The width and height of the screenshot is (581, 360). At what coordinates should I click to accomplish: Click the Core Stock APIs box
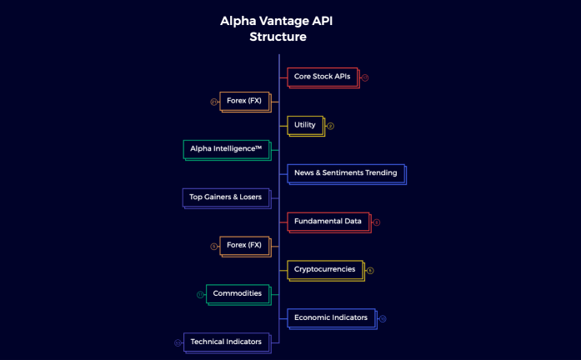322,77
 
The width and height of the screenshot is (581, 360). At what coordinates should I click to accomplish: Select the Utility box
305,125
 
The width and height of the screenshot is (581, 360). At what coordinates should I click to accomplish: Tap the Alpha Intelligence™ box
226,149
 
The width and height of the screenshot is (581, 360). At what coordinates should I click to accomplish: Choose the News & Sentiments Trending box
345,172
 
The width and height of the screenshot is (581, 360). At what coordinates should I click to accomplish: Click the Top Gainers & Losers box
225,197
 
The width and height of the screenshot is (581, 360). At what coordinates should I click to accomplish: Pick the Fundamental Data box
328,222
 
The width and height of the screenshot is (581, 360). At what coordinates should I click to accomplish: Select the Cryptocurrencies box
325,269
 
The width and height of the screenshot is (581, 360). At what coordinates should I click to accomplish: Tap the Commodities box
238,293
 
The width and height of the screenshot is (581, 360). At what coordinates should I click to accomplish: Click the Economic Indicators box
331,317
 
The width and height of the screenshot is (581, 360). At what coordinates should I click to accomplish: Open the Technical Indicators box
226,342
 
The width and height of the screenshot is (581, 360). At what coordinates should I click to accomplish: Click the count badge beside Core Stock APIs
365,77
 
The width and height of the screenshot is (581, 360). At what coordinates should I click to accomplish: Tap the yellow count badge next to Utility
330,126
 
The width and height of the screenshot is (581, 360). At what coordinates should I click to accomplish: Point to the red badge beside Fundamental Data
376,222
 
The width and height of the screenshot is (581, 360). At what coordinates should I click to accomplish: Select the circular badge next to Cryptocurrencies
370,270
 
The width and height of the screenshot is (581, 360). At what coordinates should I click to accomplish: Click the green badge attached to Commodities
200,294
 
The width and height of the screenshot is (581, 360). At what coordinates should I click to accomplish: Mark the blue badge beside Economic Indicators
383,318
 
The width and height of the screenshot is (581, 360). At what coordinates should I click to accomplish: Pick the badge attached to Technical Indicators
178,342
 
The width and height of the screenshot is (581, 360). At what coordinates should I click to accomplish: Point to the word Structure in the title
278,37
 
